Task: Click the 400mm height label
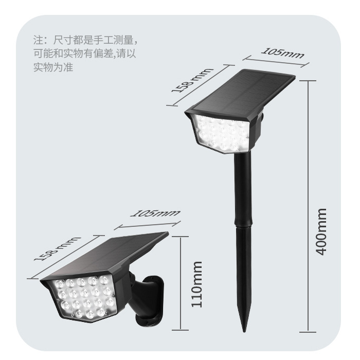point(321,232)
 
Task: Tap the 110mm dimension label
point(197,284)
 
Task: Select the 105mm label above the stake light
point(283,53)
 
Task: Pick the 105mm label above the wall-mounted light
point(155,213)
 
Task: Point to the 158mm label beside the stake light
point(192,81)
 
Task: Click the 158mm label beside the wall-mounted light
point(57,248)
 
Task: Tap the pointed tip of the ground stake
point(244,331)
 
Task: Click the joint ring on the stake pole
point(243,226)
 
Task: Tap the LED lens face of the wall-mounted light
point(84,298)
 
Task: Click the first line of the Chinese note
point(85,40)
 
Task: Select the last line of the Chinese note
point(53,67)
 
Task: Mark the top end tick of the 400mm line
point(308,81)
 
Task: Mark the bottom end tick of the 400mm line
point(308,332)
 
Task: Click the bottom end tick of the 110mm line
point(181,330)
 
